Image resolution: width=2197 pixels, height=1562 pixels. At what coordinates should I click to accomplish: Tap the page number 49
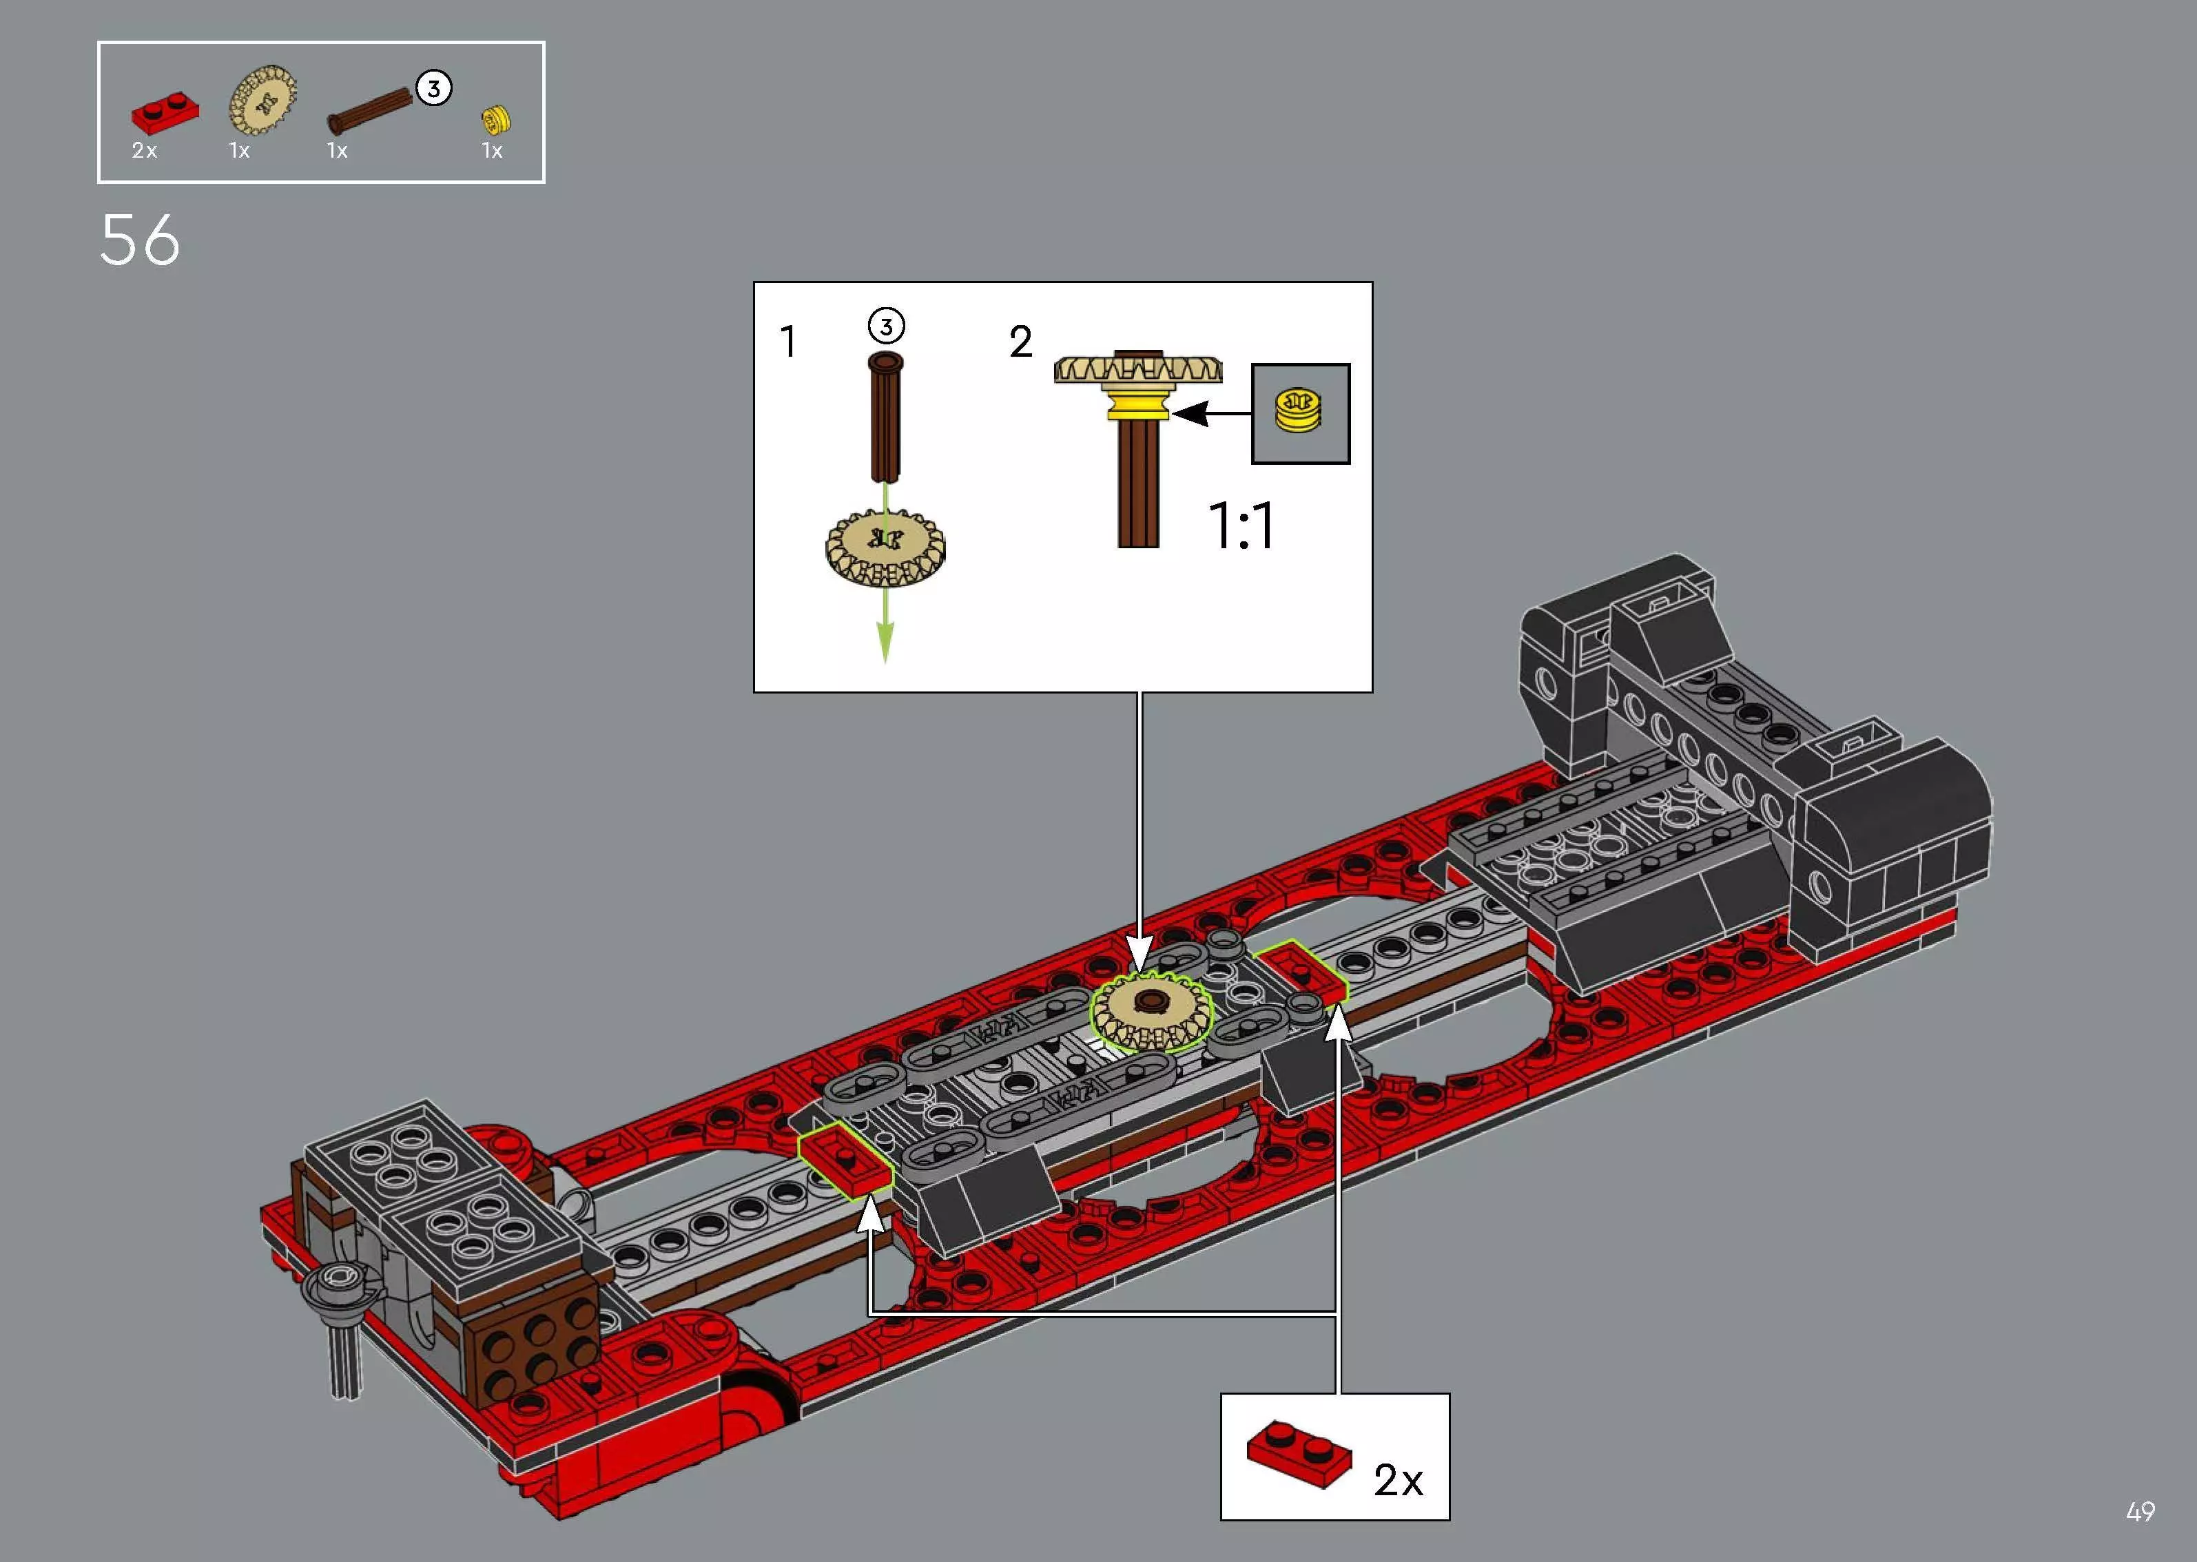coord(2141,1512)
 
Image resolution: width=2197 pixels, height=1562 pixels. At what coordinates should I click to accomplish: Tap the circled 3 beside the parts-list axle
coord(434,88)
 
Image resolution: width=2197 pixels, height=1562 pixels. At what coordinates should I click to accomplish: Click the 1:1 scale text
coord(1241,526)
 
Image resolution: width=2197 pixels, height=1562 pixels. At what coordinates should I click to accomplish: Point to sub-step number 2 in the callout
coord(1020,342)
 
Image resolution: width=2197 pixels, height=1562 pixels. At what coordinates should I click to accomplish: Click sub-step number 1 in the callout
coord(788,342)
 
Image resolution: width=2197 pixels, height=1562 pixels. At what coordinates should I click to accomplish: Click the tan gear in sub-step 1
coord(885,548)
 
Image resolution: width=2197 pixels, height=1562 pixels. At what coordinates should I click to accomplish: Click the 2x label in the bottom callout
coord(1398,1480)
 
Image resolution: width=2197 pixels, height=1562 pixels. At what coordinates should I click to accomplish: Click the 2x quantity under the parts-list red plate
coord(144,151)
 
